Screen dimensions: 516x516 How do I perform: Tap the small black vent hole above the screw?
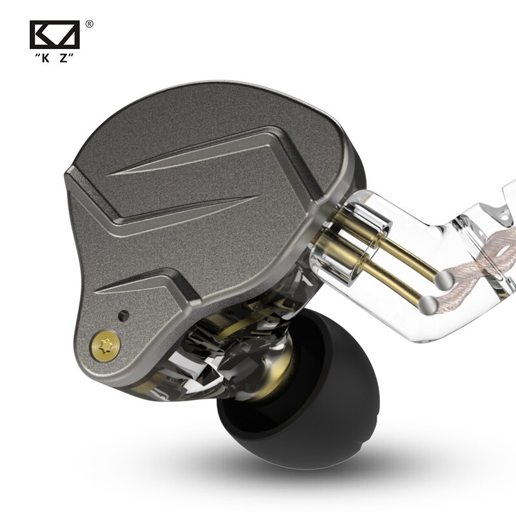(x=123, y=315)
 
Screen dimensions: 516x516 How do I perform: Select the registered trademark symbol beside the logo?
(x=89, y=24)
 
